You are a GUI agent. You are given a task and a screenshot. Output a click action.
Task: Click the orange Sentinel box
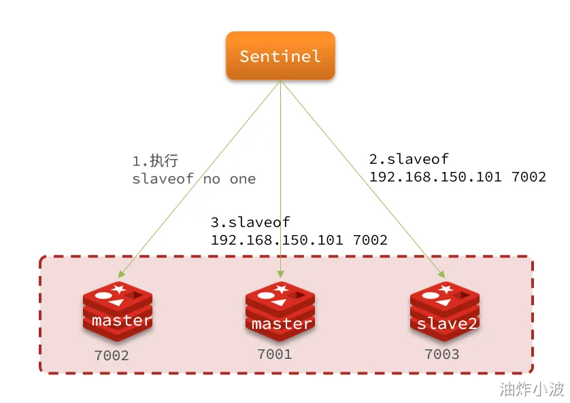[280, 56]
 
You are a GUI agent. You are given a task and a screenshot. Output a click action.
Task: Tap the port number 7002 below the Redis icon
[112, 355]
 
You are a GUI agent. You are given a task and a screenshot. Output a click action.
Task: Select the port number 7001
[275, 354]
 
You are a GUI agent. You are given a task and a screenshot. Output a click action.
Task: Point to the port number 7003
[442, 354]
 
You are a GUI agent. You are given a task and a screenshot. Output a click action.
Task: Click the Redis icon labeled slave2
[445, 311]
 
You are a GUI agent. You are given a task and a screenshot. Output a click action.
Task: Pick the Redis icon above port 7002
[118, 311]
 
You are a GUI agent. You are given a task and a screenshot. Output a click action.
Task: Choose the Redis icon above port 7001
[280, 311]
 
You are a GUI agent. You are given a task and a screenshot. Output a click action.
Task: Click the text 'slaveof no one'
[194, 179]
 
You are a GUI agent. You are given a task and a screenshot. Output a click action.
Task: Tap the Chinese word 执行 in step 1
[165, 160]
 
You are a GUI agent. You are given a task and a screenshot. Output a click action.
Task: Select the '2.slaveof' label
[409, 158]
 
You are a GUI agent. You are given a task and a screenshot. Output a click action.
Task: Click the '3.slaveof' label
[250, 222]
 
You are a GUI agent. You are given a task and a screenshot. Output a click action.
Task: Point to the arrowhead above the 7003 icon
[442, 275]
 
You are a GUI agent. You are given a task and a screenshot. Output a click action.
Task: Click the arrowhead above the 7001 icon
[280, 274]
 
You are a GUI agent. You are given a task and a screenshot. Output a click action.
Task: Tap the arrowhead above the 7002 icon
[122, 274]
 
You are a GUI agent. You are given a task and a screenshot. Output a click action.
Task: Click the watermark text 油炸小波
[531, 389]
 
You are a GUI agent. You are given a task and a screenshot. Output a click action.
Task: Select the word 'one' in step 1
[243, 179]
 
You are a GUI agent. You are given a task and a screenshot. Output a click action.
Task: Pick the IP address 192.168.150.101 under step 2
[435, 177]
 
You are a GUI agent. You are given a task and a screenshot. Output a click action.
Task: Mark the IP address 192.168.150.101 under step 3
[277, 240]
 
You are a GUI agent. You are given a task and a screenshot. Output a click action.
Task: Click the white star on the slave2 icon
[446, 290]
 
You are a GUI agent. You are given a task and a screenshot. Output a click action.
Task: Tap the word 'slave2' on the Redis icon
[447, 323]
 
